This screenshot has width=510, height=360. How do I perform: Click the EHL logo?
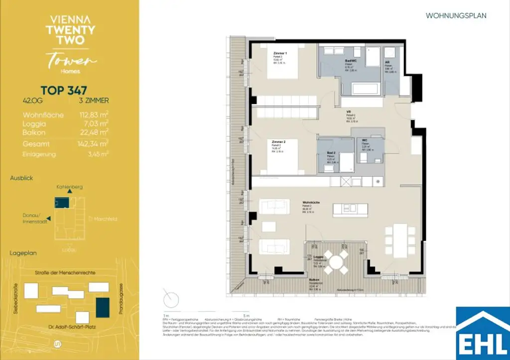pos(483,333)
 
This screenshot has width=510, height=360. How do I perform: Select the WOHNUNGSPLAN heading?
pos(456,15)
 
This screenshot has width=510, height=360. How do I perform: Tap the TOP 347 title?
pos(64,91)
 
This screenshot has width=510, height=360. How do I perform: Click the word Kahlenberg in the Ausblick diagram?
pos(70,187)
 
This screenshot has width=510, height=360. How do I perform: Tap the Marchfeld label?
pos(100,218)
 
